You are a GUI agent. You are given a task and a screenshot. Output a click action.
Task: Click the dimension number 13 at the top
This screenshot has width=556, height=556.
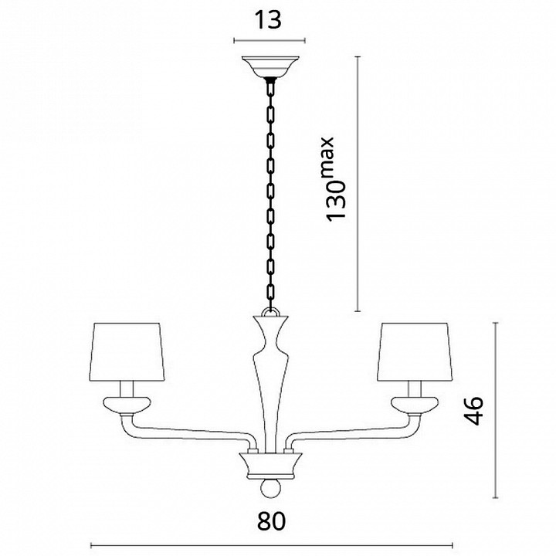(x=269, y=20)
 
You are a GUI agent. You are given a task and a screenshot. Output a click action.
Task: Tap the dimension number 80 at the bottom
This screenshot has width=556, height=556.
(x=271, y=521)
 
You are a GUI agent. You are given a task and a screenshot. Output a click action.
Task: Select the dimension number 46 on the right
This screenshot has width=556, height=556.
(x=474, y=410)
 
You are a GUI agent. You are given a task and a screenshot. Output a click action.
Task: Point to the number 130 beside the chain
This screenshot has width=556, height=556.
(x=336, y=201)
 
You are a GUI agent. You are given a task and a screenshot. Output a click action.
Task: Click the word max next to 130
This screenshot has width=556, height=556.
(x=327, y=155)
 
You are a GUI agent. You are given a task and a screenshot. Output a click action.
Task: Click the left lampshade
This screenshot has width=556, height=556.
(x=127, y=352)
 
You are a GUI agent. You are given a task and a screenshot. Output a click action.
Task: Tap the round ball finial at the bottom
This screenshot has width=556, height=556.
(x=271, y=489)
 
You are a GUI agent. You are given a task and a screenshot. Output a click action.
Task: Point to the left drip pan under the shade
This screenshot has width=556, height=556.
(x=127, y=405)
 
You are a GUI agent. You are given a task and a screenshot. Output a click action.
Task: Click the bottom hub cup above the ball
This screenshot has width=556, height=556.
(x=271, y=466)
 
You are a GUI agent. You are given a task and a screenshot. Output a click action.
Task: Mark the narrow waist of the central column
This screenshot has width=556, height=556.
(x=271, y=339)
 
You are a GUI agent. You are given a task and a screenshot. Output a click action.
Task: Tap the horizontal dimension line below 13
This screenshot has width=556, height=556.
(x=270, y=41)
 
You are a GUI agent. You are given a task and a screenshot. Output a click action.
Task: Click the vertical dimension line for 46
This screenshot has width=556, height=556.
(x=496, y=410)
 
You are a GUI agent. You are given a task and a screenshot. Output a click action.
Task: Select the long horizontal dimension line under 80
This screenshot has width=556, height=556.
(x=272, y=545)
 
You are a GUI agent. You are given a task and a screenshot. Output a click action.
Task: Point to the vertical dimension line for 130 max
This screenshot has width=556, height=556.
(x=358, y=184)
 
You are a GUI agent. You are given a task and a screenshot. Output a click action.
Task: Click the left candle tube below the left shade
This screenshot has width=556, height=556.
(x=127, y=389)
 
